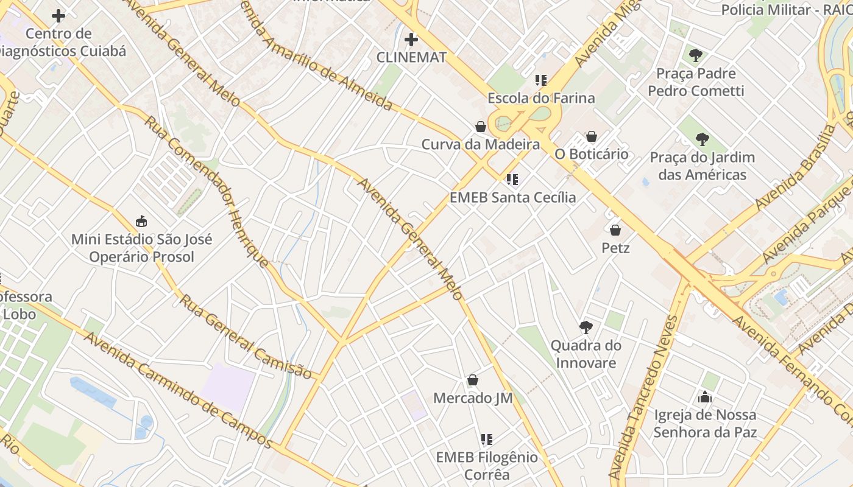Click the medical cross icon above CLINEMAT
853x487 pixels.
411,40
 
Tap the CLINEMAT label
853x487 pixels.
412,57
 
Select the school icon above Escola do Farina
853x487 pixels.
540,80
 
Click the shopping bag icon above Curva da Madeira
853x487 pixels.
481,127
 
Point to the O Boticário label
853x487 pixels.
591,154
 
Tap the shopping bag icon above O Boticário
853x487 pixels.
591,136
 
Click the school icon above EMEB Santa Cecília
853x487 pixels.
512,180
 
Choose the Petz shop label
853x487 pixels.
615,248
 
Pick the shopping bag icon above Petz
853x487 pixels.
615,230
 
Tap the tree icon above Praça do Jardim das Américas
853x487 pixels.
702,139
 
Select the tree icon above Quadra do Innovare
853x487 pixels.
586,328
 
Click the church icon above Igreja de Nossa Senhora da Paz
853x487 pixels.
705,398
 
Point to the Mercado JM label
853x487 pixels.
473,398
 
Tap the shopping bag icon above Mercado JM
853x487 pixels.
473,380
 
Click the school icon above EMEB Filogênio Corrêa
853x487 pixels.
486,440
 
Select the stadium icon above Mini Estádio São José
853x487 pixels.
141,221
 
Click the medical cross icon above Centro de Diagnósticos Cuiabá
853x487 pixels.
58,16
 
